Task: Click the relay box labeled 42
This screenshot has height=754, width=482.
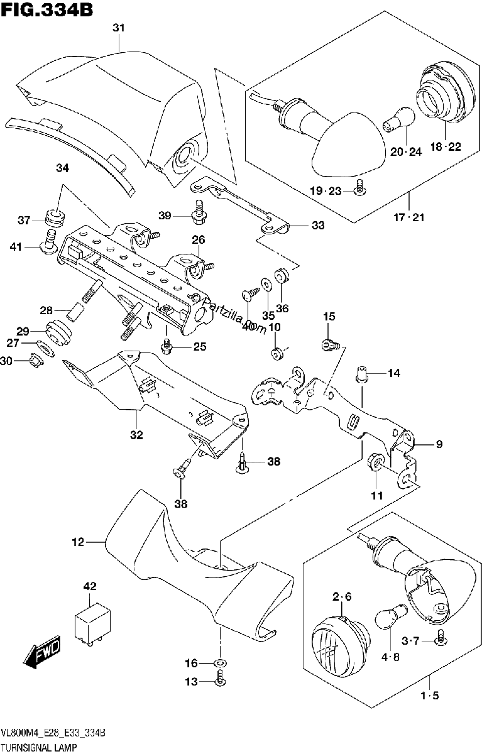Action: [92, 625]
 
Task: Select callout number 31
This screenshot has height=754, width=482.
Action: [119, 28]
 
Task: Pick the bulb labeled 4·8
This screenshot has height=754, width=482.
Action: [391, 615]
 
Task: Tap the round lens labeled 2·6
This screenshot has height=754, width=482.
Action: [341, 643]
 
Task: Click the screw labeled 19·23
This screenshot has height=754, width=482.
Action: [361, 187]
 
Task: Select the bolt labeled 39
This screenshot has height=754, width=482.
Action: [199, 212]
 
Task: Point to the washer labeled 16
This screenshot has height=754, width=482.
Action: [220, 663]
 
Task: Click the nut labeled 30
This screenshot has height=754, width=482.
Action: [35, 361]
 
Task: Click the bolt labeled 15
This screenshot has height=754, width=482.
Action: [331, 346]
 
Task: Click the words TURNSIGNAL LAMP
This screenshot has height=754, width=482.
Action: [39, 746]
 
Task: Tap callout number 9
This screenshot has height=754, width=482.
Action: [439, 445]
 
